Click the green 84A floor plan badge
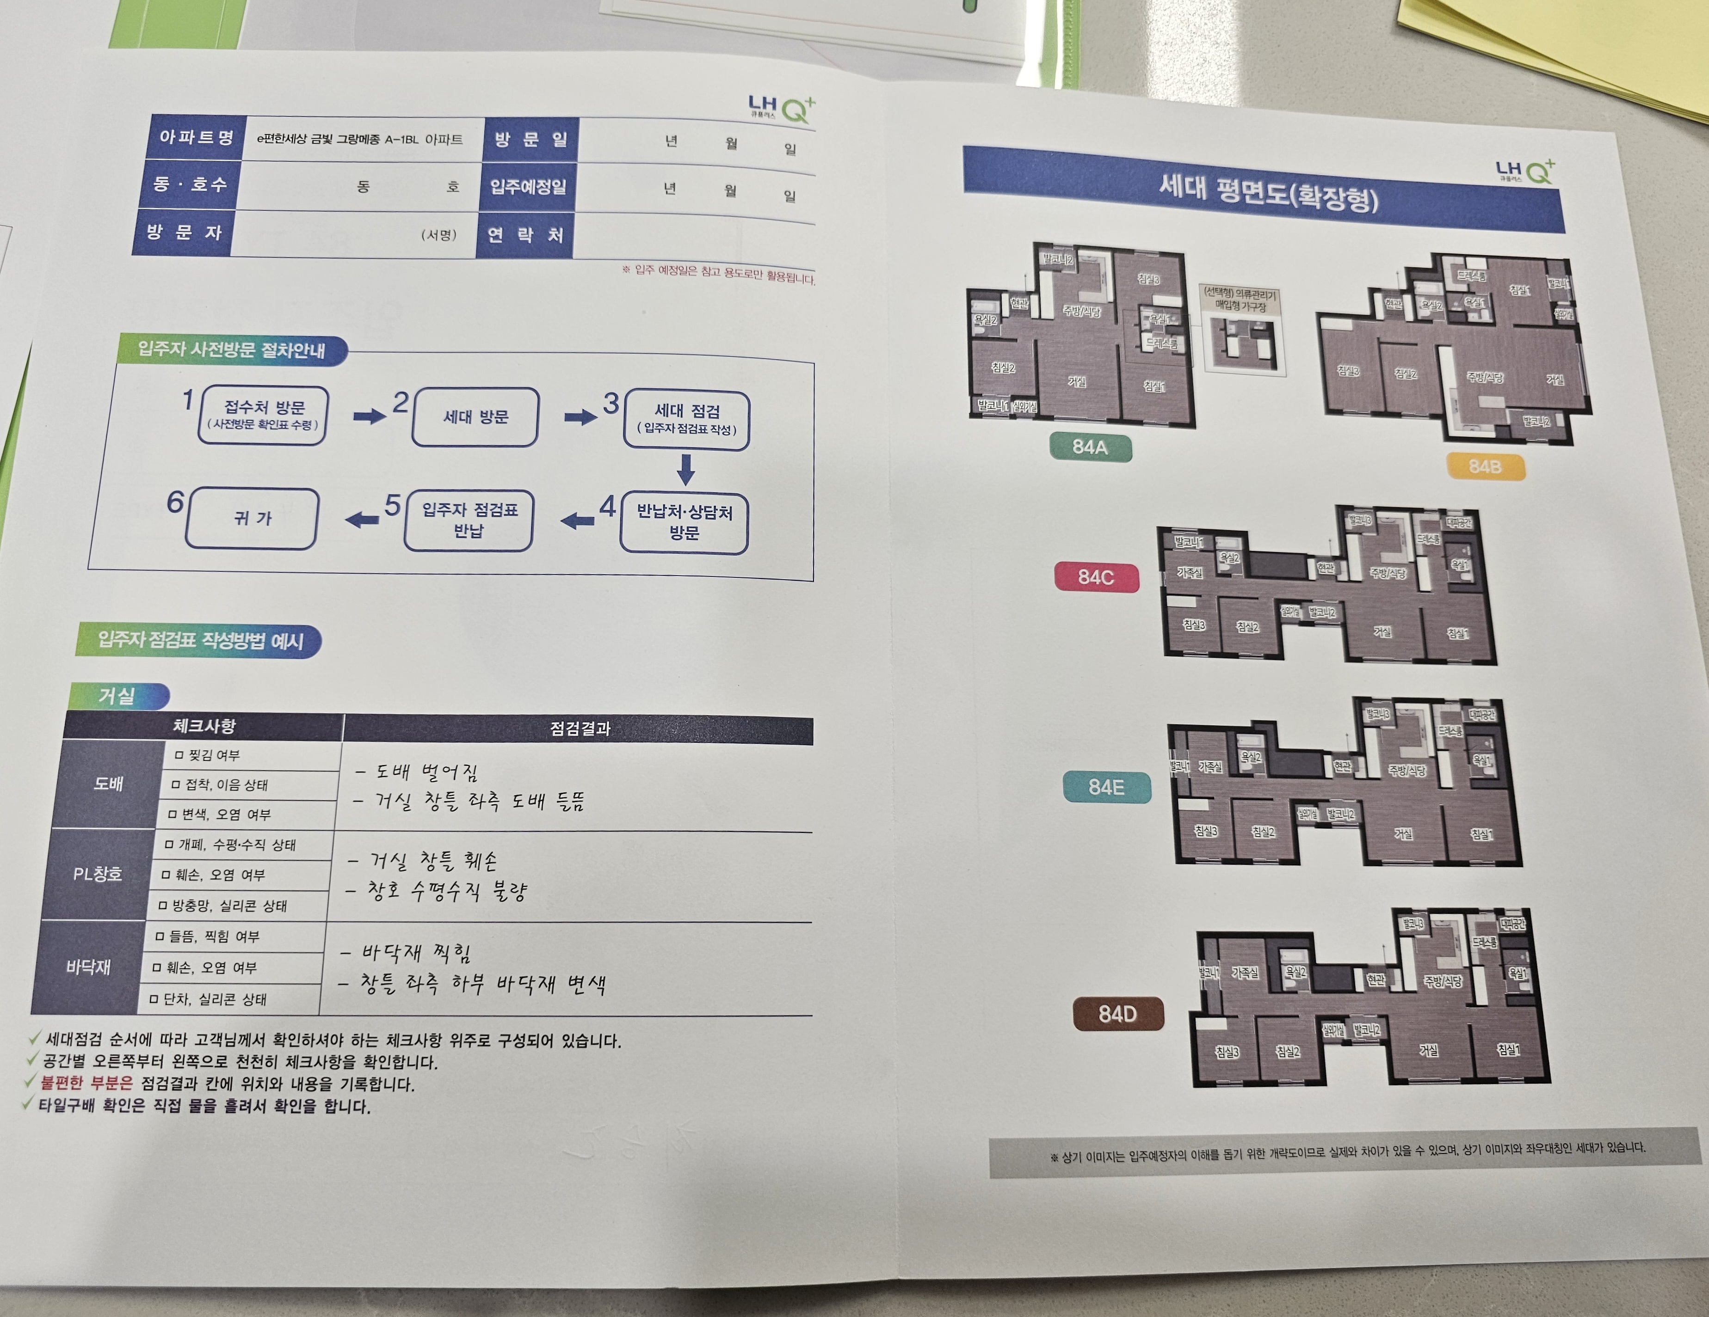click(x=1090, y=447)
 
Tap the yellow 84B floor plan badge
click(x=1485, y=467)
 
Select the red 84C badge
click(x=1096, y=577)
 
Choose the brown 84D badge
click(x=1117, y=1014)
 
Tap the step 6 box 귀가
click(x=252, y=518)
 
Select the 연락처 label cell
click(x=525, y=235)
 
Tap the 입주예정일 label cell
click(x=528, y=187)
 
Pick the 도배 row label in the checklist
click(x=108, y=784)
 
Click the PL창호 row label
click(x=98, y=874)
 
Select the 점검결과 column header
click(x=579, y=729)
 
